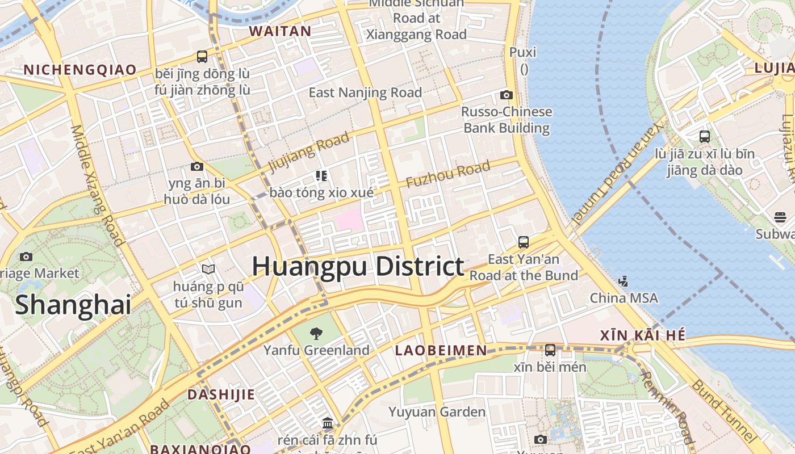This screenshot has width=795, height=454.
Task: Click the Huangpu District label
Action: click(x=358, y=266)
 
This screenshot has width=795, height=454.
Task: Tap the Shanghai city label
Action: click(x=73, y=305)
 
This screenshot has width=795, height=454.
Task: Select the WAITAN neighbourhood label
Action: click(x=280, y=31)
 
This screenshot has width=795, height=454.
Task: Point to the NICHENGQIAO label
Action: click(x=80, y=70)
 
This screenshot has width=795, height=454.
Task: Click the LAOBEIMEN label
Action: click(x=441, y=350)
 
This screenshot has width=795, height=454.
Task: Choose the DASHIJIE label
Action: click(x=221, y=394)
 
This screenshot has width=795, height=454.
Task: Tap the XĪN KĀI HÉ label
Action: click(x=643, y=335)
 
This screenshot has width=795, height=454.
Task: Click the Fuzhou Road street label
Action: click(x=447, y=174)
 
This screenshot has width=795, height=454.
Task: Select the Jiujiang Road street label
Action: click(x=309, y=153)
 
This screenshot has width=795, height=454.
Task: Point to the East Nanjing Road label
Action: click(x=365, y=93)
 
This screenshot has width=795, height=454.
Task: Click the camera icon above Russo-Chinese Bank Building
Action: click(x=506, y=95)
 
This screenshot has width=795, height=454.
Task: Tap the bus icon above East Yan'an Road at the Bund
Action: click(x=524, y=242)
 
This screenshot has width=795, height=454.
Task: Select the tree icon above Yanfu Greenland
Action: click(x=316, y=333)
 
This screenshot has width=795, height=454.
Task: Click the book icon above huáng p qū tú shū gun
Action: click(x=208, y=269)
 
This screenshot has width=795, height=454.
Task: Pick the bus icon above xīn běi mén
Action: click(x=550, y=350)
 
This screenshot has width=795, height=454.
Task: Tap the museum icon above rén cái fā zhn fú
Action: click(x=327, y=423)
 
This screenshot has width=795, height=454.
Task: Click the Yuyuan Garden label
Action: click(x=437, y=411)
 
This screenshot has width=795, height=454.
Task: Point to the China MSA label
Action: click(x=624, y=298)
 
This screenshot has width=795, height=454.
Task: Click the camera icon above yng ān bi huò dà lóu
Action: click(x=197, y=166)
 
